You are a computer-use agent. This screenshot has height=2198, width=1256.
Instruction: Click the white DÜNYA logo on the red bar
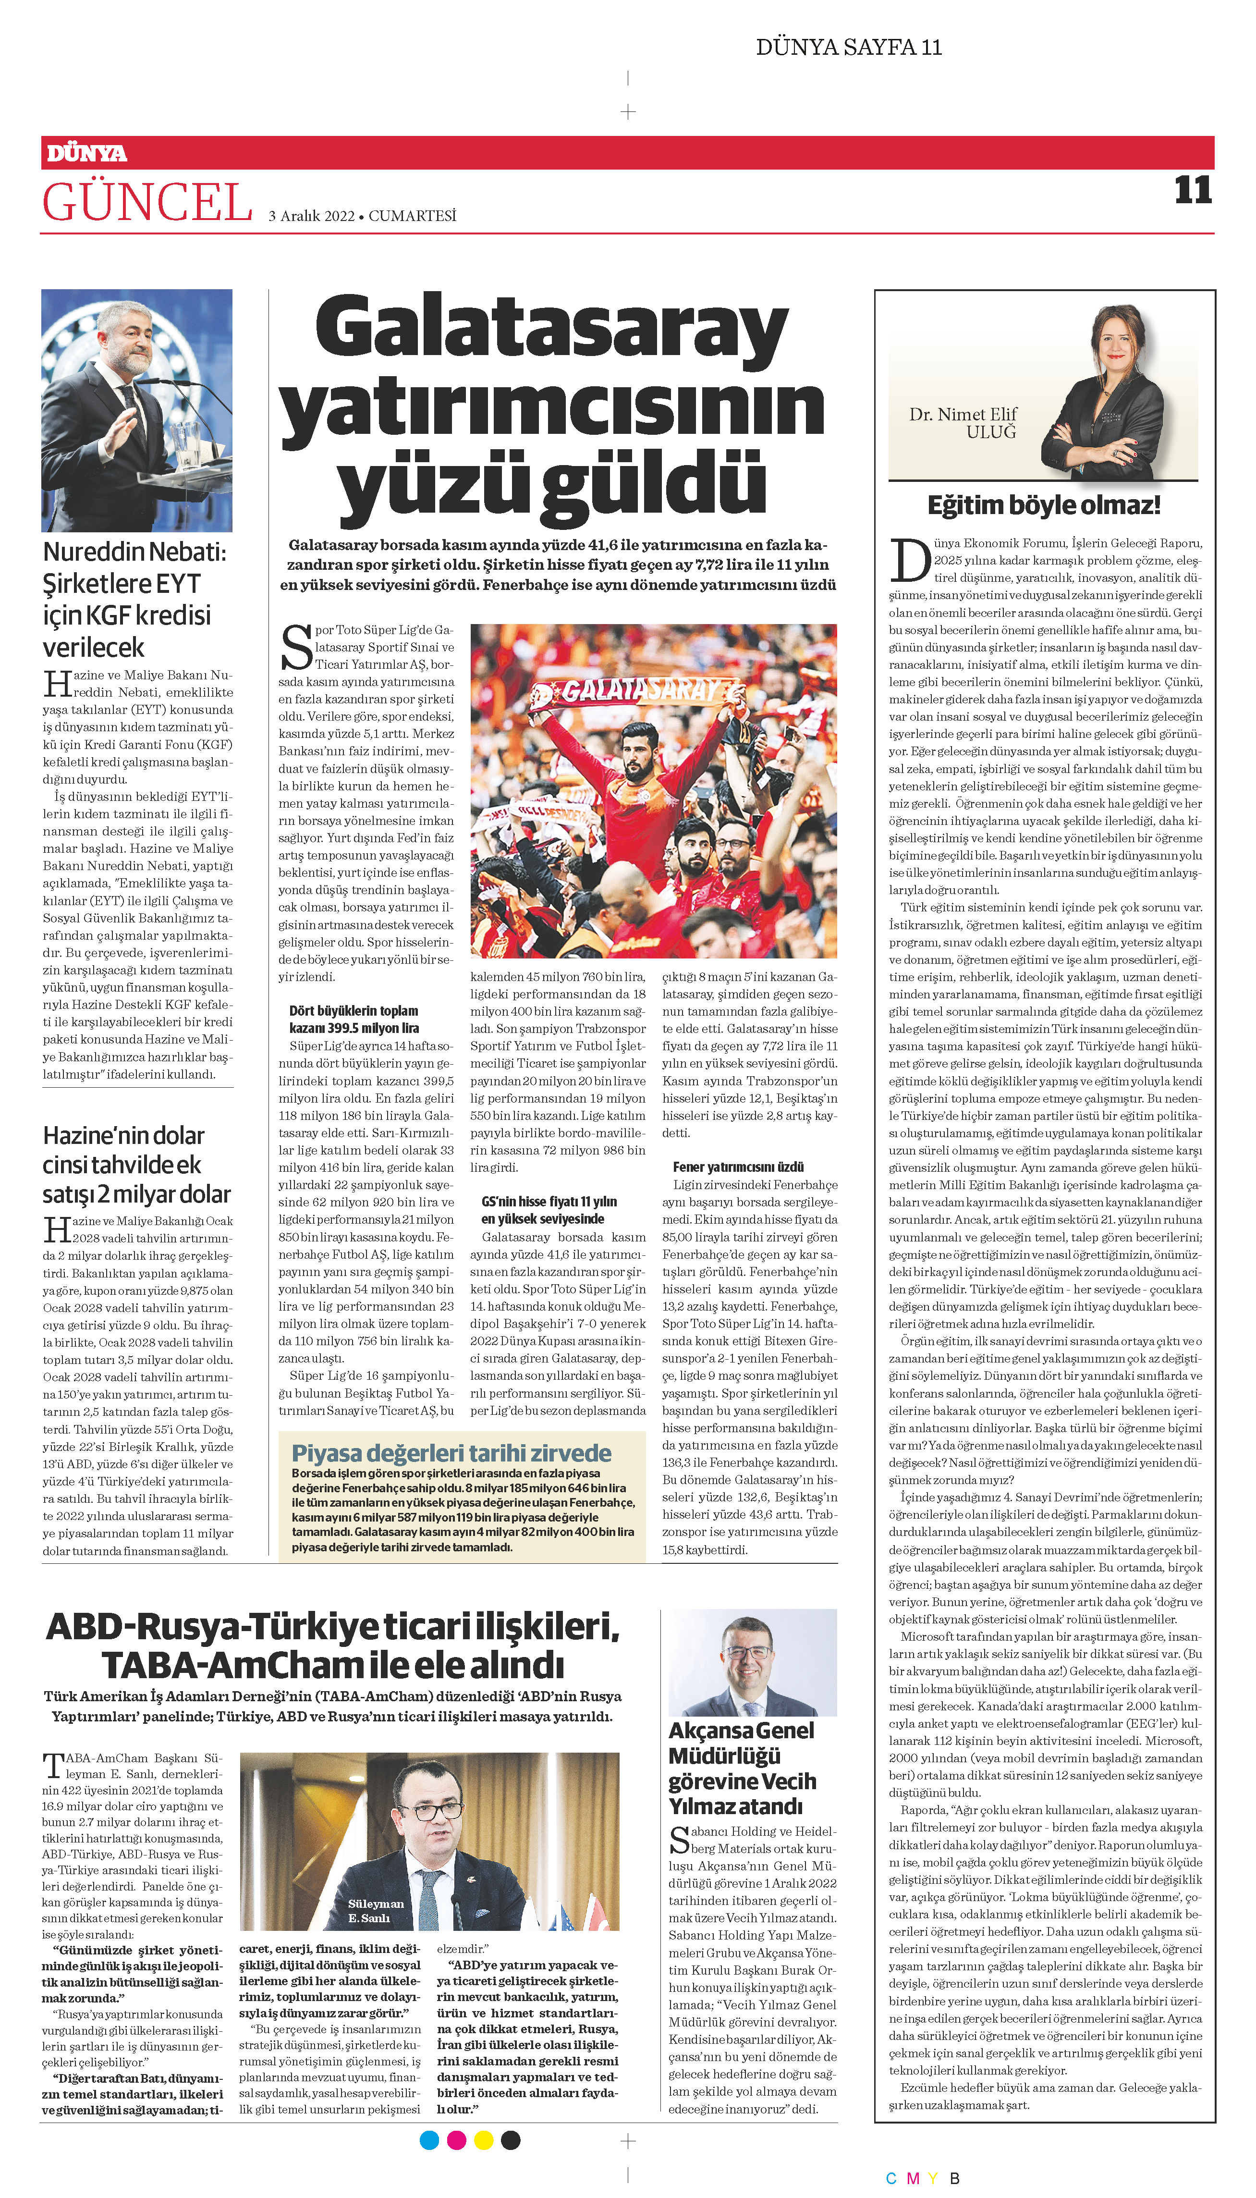coord(86,154)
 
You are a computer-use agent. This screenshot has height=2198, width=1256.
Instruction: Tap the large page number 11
coord(1193,190)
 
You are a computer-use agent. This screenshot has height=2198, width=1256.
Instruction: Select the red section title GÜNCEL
coord(146,203)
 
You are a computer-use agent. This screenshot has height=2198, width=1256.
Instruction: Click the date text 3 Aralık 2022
coord(311,216)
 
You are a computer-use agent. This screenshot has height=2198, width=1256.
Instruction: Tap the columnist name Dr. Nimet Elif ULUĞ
coord(963,423)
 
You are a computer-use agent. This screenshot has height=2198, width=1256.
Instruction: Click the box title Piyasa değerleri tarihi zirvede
coord(451,1453)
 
